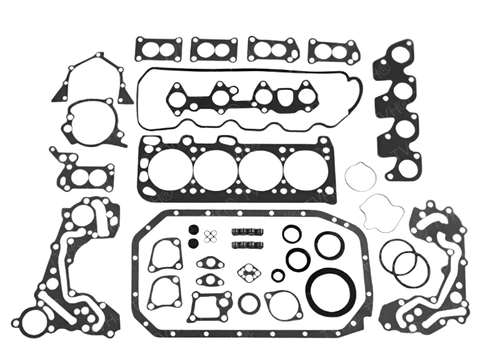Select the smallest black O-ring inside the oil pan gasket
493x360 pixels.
[278, 275]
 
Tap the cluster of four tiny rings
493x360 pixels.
[211, 237]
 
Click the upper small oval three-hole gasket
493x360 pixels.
[209, 263]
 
